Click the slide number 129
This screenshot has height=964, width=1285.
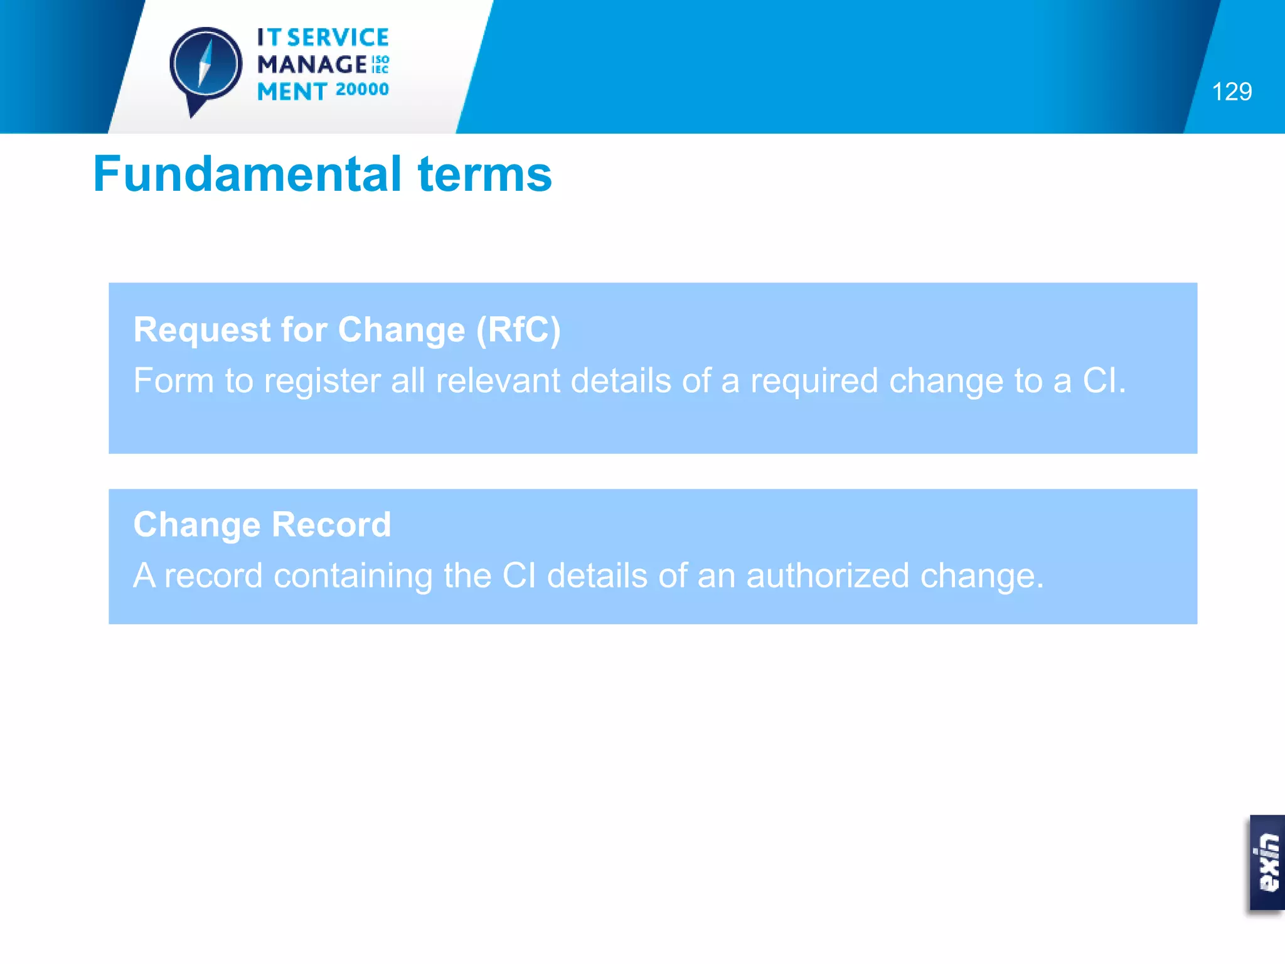click(x=1231, y=92)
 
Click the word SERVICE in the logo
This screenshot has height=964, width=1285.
click(x=338, y=38)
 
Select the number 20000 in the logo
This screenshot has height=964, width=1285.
click(x=362, y=90)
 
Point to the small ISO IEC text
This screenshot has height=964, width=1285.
click(x=380, y=64)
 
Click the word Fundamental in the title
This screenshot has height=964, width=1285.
click(x=247, y=174)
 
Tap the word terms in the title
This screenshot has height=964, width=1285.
click(x=484, y=174)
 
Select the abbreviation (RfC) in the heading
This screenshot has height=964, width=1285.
click(x=518, y=329)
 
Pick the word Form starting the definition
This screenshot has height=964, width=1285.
click(x=173, y=380)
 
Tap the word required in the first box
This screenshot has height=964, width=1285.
click(x=814, y=380)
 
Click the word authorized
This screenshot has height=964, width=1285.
click(x=827, y=576)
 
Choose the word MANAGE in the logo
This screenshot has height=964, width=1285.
click(x=312, y=64)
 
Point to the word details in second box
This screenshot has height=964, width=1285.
click(x=597, y=576)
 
